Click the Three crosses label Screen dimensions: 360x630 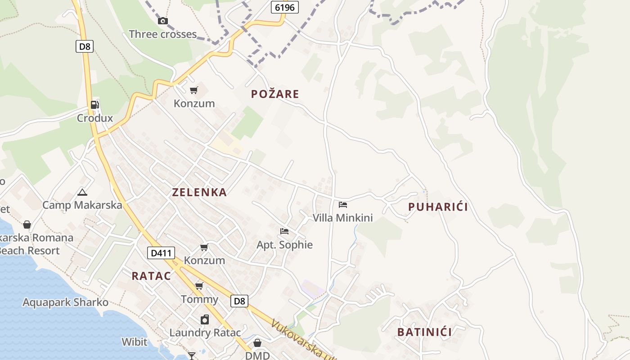[x=163, y=34]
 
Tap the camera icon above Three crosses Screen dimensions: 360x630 [x=163, y=21]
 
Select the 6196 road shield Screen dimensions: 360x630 [x=285, y=7]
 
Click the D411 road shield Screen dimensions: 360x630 [x=161, y=253]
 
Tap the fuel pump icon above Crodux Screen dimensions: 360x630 [x=95, y=105]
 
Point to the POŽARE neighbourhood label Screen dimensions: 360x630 [x=275, y=94]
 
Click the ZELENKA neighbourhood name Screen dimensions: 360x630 [x=199, y=192]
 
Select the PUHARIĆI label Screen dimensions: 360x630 [x=438, y=207]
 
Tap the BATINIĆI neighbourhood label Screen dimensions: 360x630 [x=424, y=332]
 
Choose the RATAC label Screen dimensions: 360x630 [x=151, y=276]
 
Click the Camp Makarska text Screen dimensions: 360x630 [x=82, y=205]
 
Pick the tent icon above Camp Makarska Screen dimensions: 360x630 [x=82, y=193]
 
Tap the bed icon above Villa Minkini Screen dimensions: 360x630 [x=343, y=205]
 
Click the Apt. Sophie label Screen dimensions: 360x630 [x=284, y=245]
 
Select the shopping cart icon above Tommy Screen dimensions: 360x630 [x=199, y=286]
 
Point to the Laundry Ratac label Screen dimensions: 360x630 [x=205, y=333]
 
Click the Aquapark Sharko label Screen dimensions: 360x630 [x=66, y=302]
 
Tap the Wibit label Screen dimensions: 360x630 [x=134, y=342]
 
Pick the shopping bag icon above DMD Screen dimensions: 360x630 [x=257, y=343]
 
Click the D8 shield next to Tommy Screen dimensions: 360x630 [x=239, y=301]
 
